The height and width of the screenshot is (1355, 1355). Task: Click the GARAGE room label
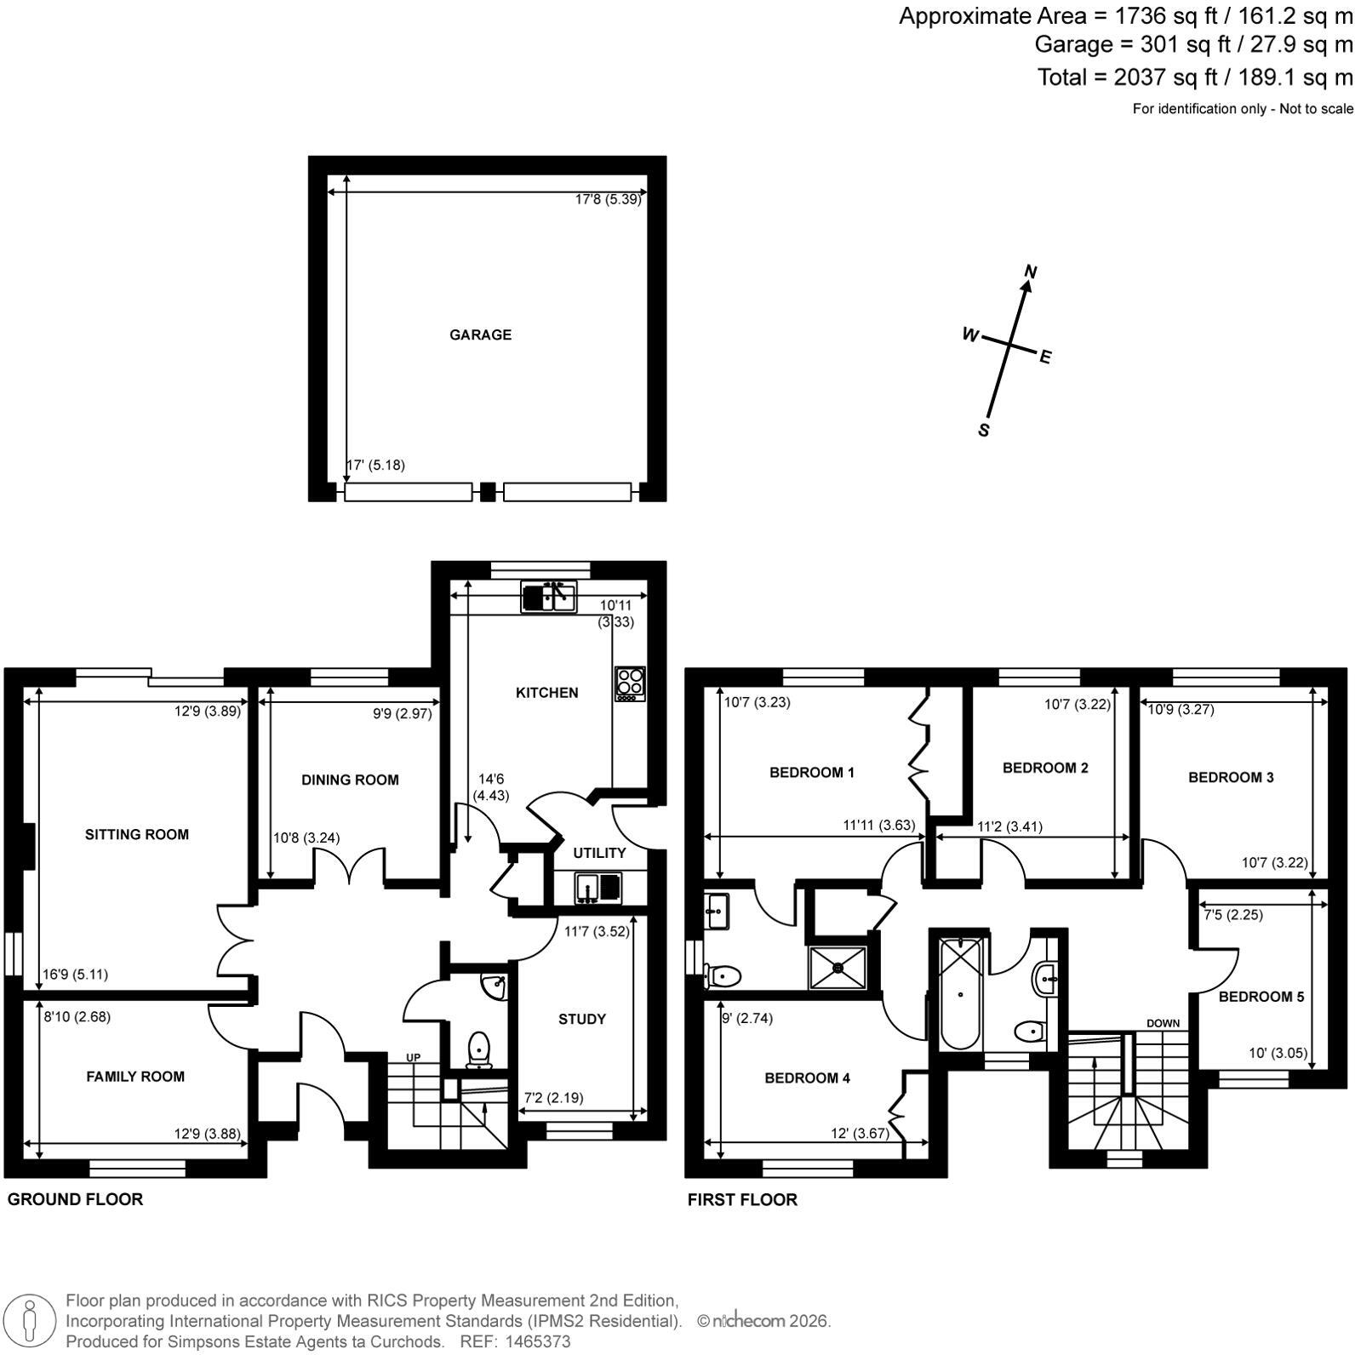(x=480, y=334)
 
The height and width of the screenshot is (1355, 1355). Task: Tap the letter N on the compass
(x=1031, y=272)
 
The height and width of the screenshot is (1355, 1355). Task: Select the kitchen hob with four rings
(x=630, y=683)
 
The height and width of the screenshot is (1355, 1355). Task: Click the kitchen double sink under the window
(x=549, y=597)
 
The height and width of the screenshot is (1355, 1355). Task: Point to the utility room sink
(x=599, y=887)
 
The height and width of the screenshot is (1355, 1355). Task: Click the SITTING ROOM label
(x=137, y=834)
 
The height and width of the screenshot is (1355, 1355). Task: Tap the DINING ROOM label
(x=350, y=780)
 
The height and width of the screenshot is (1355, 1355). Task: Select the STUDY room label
(x=582, y=1019)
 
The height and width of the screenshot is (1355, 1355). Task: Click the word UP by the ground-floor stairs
(x=413, y=1058)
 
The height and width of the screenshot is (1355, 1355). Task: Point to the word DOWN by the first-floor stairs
(x=1163, y=1023)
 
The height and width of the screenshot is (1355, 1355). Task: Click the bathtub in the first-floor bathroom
(x=960, y=993)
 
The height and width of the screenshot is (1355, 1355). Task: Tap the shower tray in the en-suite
(x=838, y=967)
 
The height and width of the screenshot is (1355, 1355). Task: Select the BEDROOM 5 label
(x=1261, y=997)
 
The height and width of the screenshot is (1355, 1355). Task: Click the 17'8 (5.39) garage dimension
(x=608, y=200)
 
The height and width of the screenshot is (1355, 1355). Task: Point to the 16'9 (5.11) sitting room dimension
(x=76, y=975)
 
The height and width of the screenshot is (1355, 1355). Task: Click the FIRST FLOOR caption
(x=742, y=1199)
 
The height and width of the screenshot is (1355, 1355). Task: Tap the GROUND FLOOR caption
(x=75, y=1199)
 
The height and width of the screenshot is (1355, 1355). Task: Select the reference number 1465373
(x=537, y=1341)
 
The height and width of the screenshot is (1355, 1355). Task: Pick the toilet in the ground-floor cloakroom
(x=478, y=1049)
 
